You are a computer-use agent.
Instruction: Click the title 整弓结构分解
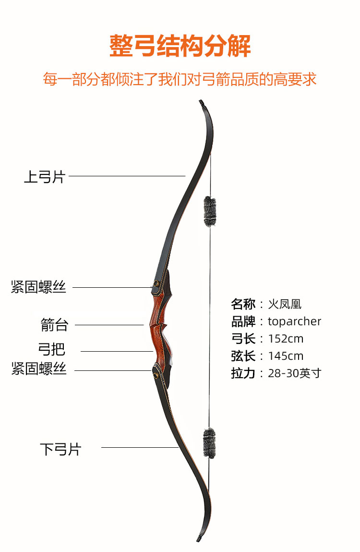pos(180,46)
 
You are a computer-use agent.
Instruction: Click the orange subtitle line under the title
pos(180,79)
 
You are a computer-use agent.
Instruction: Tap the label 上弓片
pos(44,177)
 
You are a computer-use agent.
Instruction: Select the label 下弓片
pos(60,450)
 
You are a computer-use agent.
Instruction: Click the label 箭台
pos(54,325)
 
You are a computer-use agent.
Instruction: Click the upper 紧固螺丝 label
pos(38,288)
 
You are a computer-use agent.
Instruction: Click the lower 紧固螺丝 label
pos(38,369)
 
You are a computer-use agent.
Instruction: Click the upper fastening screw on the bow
pos(156,284)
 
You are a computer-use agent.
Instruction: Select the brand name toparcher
pos(294,321)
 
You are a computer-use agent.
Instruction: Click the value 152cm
pos(286,339)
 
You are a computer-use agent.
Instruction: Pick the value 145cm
pos(286,356)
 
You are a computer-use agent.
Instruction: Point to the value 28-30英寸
pos(294,373)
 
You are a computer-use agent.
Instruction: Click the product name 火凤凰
pos(285,304)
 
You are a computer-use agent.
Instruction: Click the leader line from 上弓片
pos(127,176)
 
